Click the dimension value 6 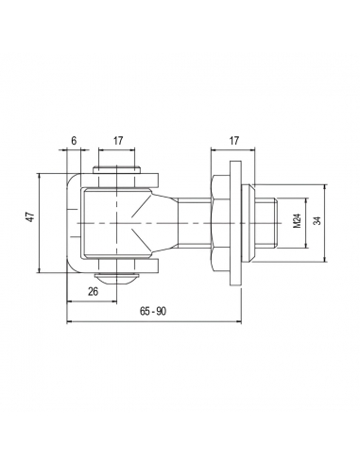[x=74, y=141]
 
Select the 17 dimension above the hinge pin [x=118, y=141]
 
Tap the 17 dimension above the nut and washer [x=234, y=141]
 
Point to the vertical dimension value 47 [x=30, y=217]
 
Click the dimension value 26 [x=93, y=292]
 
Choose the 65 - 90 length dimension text [x=153, y=312]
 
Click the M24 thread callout [x=297, y=221]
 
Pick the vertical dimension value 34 [x=317, y=221]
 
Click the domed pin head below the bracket [x=116, y=279]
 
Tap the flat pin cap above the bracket [x=116, y=170]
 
